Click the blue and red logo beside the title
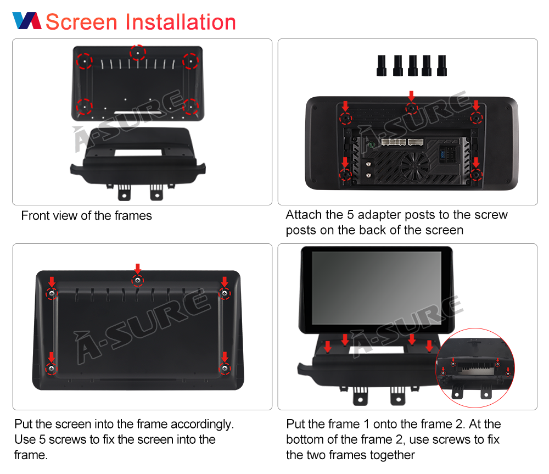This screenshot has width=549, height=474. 27,21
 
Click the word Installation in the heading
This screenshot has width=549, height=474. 181,22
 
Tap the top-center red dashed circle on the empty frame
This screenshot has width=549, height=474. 138,53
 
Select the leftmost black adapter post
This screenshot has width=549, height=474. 382,65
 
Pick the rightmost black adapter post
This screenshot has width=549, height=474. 442,65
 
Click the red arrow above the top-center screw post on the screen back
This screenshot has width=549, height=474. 411,96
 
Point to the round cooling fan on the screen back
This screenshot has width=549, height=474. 414,166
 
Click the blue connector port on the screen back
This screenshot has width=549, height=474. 443,154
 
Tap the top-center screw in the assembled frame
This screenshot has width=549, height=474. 138,280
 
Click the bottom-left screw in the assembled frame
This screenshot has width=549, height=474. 52,369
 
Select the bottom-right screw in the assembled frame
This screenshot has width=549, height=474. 225,369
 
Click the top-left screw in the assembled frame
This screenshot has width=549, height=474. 52,293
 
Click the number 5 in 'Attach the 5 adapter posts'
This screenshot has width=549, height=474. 350,215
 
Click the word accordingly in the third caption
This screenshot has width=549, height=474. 202,425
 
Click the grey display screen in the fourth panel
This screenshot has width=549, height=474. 377,288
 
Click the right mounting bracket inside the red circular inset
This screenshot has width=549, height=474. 486,391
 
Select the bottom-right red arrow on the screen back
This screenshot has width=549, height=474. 476,163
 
